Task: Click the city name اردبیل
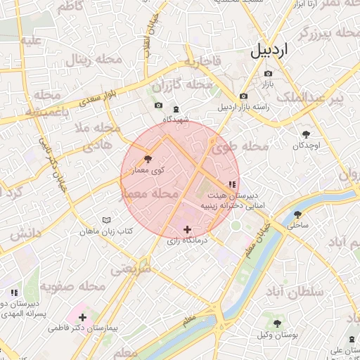[270, 51]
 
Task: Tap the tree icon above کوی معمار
[147, 159]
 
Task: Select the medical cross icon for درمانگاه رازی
[187, 229]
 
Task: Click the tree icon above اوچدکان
[306, 134]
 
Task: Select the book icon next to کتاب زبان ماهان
[106, 220]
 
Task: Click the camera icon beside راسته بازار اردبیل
[243, 96]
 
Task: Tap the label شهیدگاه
[176, 119]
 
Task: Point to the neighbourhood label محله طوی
[240, 147]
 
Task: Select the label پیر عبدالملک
[320, 98]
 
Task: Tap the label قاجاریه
[202, 61]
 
